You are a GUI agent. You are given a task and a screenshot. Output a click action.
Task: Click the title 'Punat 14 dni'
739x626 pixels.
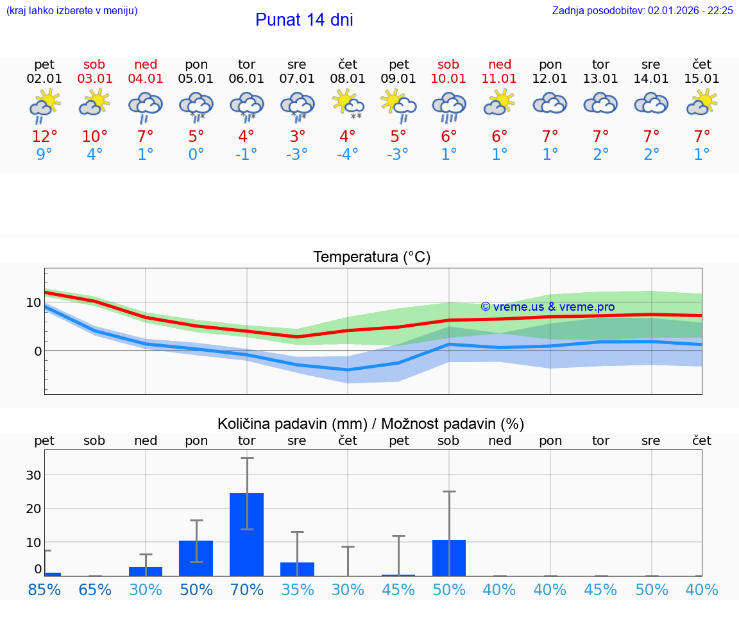click(304, 20)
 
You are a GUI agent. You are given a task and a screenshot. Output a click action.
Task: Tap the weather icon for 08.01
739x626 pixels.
click(348, 104)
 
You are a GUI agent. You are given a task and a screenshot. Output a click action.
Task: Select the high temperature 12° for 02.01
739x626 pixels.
click(44, 137)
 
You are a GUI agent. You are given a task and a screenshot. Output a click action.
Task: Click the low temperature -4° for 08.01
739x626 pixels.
click(348, 155)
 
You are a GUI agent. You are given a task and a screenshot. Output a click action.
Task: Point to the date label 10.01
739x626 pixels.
click(448, 79)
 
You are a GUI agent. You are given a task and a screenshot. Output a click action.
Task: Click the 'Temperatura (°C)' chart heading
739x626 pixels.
click(371, 257)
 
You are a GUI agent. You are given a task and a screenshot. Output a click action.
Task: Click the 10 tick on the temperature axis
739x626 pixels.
click(33, 302)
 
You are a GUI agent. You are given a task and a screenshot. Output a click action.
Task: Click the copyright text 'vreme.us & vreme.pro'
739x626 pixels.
click(547, 307)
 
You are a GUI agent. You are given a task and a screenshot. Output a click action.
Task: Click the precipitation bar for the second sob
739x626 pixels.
click(448, 558)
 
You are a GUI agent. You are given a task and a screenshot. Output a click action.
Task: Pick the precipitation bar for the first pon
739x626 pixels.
click(196, 558)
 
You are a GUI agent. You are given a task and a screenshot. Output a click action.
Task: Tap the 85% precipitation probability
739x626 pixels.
click(44, 589)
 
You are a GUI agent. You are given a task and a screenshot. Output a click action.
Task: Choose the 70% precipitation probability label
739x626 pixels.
click(247, 589)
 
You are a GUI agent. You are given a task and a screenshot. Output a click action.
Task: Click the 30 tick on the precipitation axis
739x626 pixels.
click(33, 475)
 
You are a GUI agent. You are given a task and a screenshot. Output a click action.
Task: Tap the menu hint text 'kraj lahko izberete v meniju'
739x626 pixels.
click(72, 11)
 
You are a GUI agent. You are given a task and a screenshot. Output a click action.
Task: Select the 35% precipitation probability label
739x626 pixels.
click(297, 589)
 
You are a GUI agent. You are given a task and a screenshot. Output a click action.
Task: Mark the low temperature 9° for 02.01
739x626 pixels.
click(44, 155)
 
